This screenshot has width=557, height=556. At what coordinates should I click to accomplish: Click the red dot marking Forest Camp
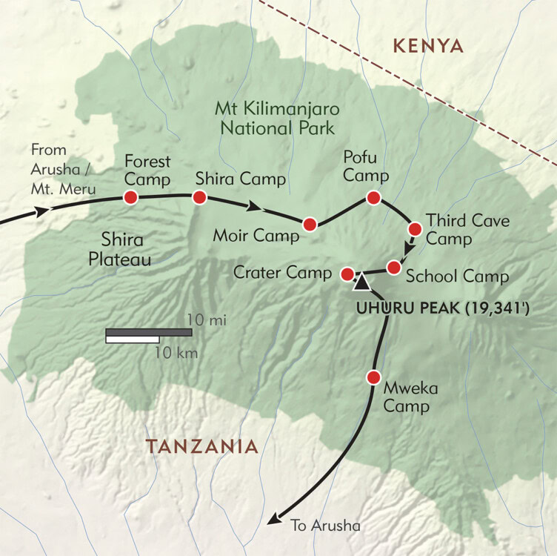tap(131, 197)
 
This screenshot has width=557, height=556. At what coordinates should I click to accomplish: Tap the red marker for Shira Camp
tap(199, 197)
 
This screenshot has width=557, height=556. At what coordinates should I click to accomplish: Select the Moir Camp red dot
tap(310, 224)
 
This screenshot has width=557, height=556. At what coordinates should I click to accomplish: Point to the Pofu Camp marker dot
tap(373, 197)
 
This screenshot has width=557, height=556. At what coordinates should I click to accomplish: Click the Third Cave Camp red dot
tap(415, 228)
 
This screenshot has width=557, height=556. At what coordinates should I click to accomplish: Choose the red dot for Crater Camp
tap(346, 274)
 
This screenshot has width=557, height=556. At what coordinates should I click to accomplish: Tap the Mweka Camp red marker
tap(373, 377)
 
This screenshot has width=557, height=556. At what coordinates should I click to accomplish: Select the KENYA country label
tap(428, 47)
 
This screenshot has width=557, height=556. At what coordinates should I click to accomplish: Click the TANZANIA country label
tap(201, 446)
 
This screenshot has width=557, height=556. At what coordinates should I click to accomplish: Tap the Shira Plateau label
tap(125, 250)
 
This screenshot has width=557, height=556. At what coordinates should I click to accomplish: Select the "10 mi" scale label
tap(207, 320)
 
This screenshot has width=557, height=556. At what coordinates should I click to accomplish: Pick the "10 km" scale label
tap(176, 353)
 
